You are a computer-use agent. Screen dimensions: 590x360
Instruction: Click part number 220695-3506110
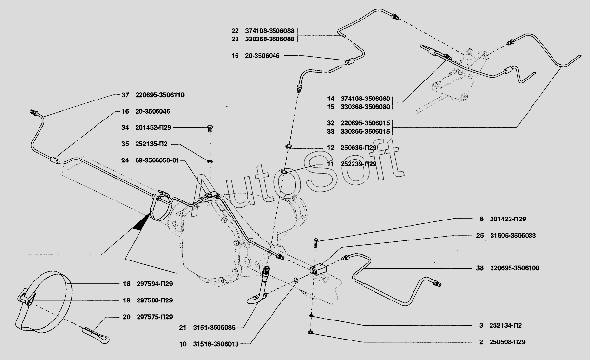click(x=160, y=95)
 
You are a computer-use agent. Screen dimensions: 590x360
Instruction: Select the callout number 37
click(x=125, y=95)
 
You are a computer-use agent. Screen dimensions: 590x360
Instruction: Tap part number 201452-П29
click(x=153, y=127)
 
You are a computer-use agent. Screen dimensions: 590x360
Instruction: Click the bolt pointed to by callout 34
click(x=210, y=129)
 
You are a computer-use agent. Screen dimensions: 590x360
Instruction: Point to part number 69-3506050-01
click(x=157, y=160)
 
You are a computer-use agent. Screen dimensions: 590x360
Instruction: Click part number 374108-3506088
click(x=270, y=31)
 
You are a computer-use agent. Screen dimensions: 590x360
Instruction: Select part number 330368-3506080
click(x=365, y=107)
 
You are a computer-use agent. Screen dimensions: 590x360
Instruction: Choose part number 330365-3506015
click(x=365, y=131)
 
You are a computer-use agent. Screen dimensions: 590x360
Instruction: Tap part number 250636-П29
click(x=358, y=148)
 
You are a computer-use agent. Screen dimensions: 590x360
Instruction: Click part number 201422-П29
click(x=508, y=219)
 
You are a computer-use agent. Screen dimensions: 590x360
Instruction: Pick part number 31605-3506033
click(x=513, y=235)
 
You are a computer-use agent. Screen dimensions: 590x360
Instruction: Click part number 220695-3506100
click(x=515, y=268)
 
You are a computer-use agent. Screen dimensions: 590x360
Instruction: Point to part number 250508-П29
click(x=507, y=342)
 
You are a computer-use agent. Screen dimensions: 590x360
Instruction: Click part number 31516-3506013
click(x=216, y=344)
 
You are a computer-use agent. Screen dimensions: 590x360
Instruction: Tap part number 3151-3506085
click(x=214, y=328)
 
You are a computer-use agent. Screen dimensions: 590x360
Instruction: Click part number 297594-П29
click(x=155, y=284)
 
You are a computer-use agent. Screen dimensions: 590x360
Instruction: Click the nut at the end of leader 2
click(x=310, y=332)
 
